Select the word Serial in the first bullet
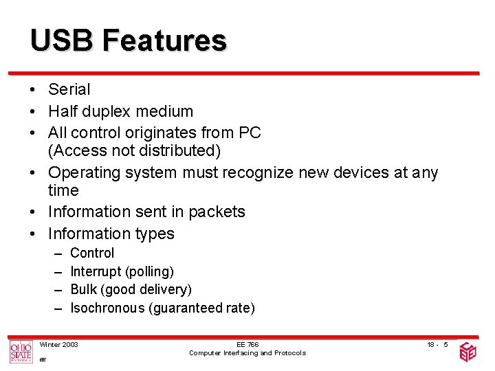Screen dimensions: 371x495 [69, 89]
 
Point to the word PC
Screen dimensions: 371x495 [250, 133]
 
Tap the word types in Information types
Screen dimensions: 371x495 [155, 234]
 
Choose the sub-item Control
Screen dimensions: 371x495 [92, 254]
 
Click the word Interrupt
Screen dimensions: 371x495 [96, 272]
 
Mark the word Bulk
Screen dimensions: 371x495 [84, 290]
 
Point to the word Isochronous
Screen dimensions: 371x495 [107, 308]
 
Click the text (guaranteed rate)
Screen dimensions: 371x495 [201, 308]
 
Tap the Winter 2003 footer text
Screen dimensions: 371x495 [59, 344]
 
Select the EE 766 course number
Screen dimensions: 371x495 [247, 344]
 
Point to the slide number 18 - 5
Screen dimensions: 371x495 [437, 344]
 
